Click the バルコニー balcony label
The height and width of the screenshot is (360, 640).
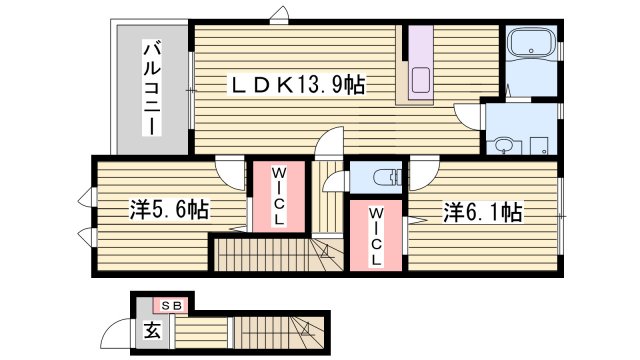[152, 88]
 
